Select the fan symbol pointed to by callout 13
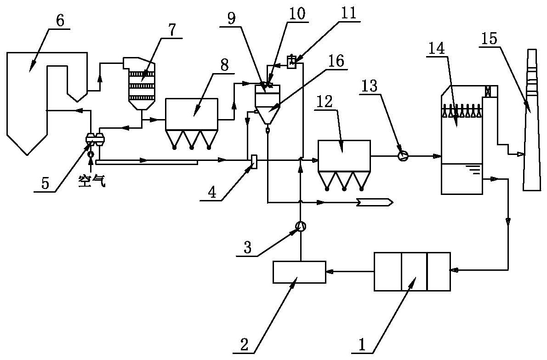click(403, 156)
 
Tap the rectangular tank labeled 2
click(299, 272)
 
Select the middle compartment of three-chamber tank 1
click(414, 271)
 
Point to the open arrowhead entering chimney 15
click(521, 154)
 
